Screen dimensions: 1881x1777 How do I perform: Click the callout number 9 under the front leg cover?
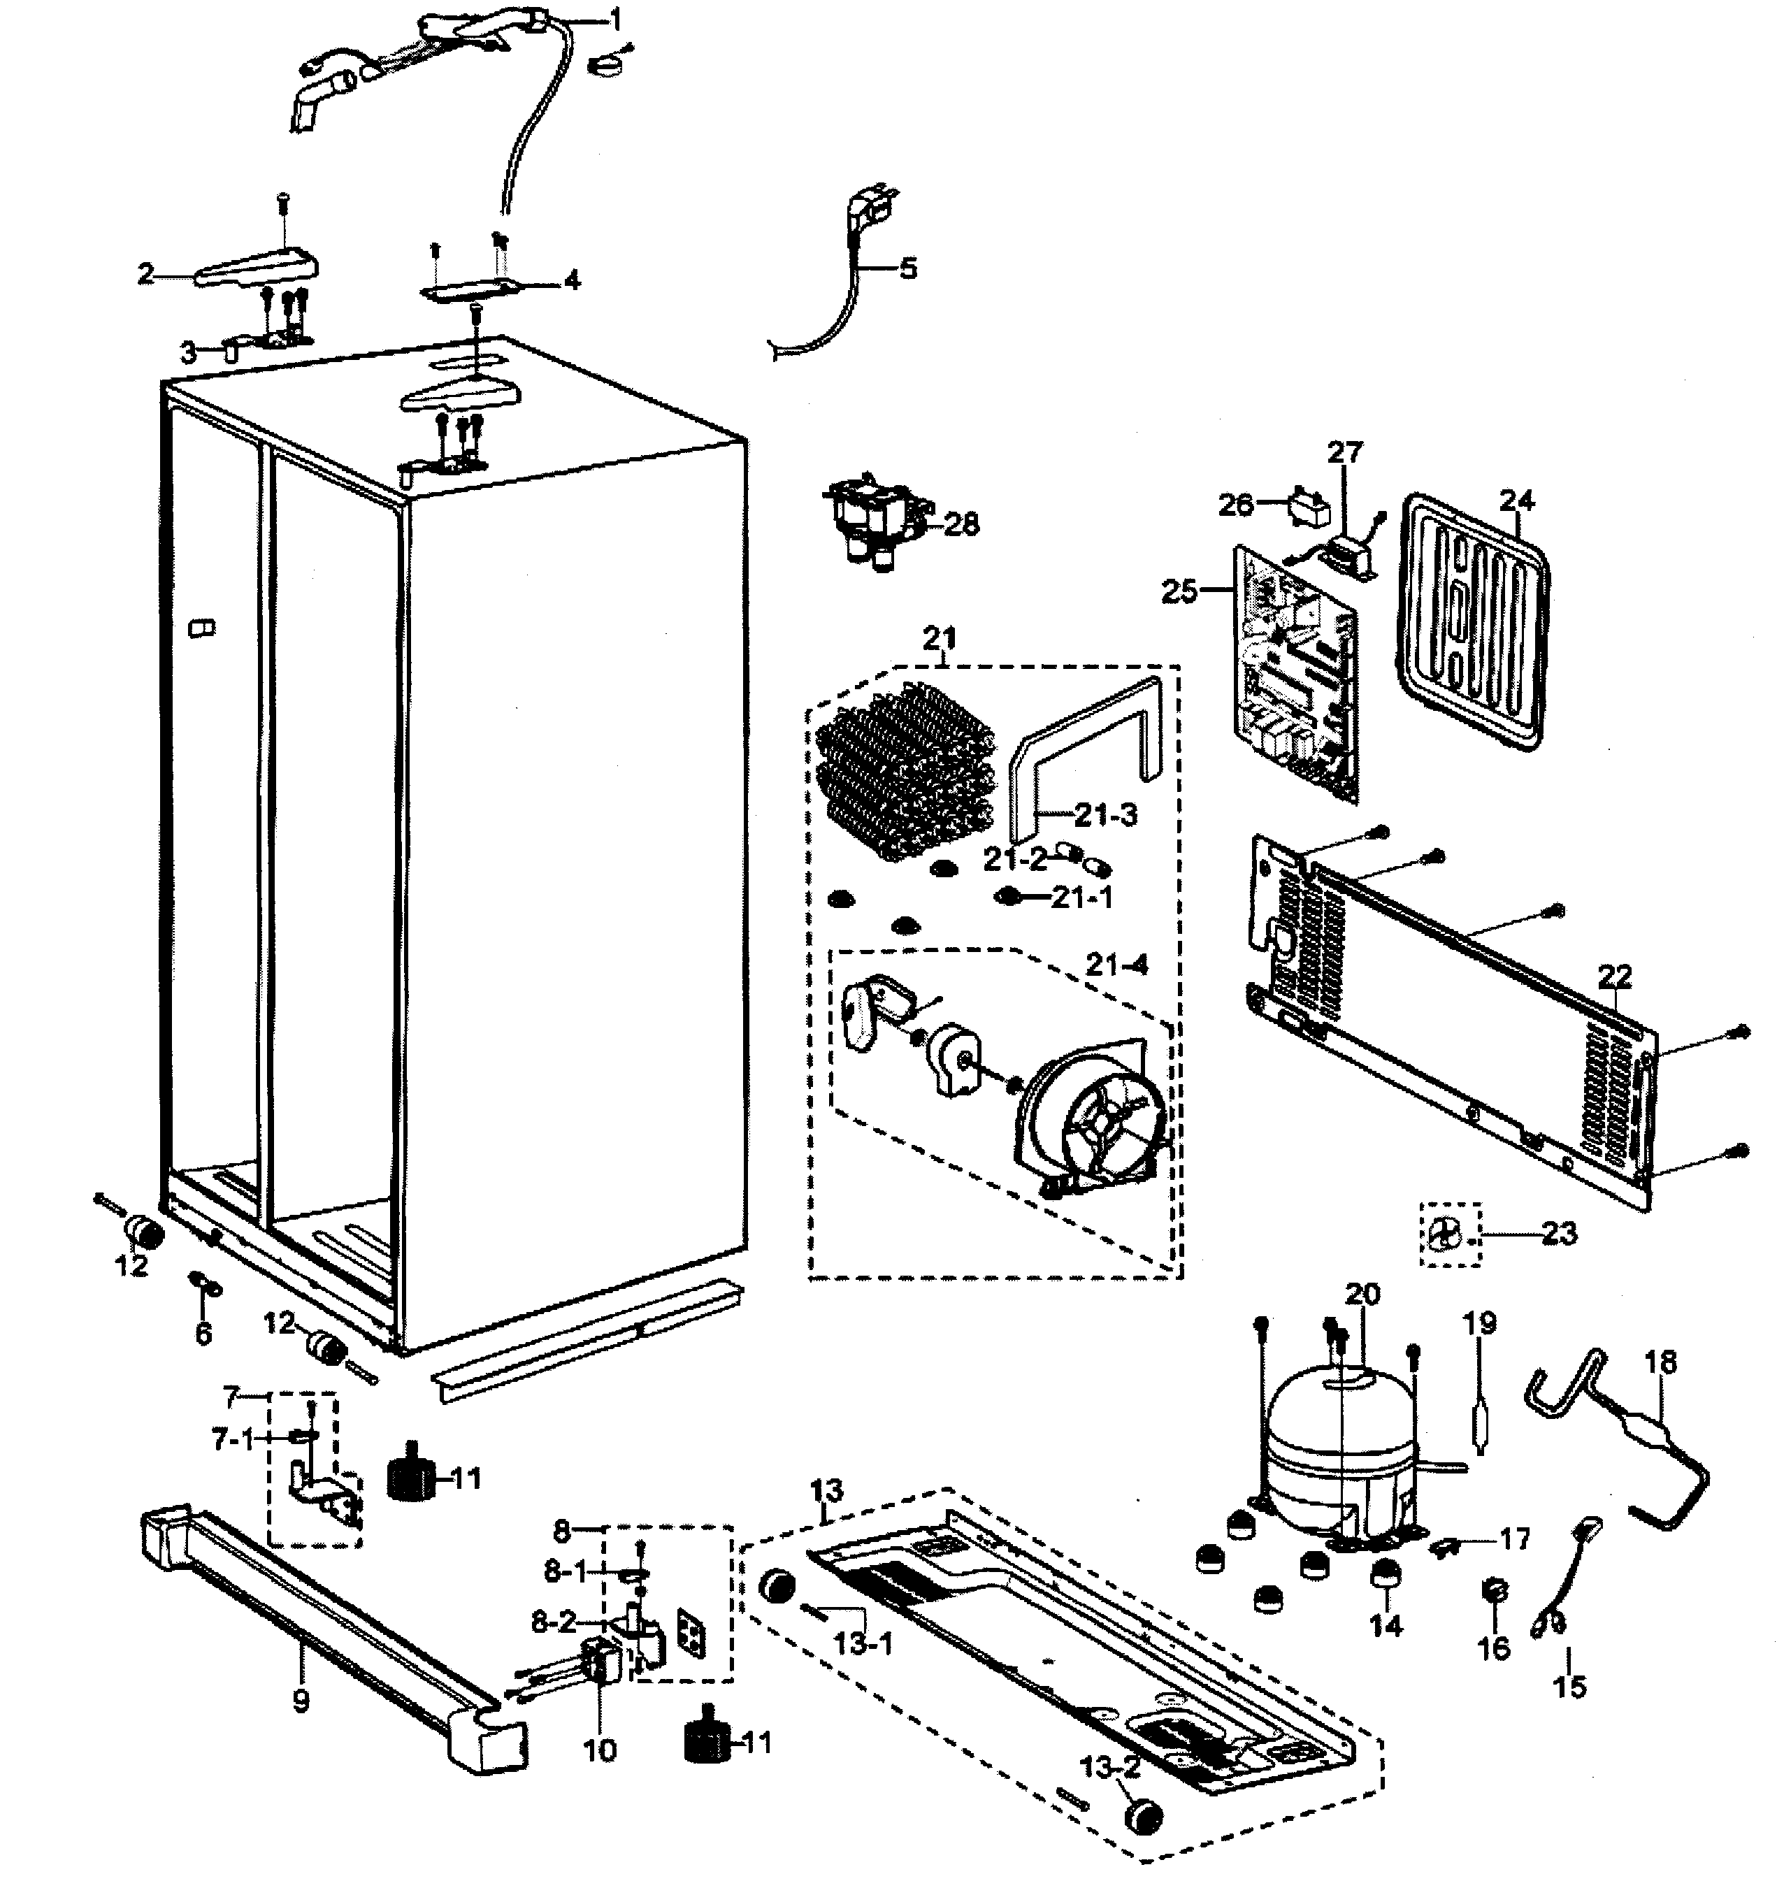point(301,1702)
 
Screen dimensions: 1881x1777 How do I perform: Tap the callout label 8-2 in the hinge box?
point(554,1622)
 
